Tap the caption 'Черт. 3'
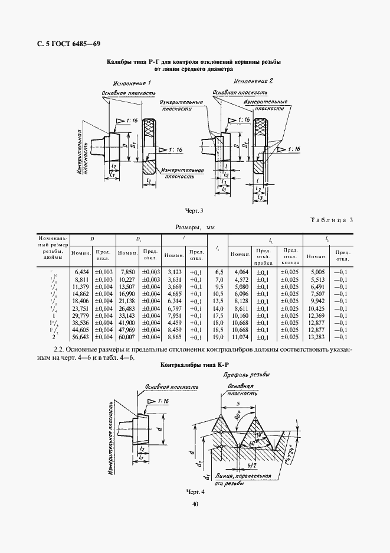[194, 210]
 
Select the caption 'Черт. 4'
[194, 492]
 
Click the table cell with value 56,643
[79, 337]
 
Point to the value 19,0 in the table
[218, 337]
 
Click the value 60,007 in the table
[127, 337]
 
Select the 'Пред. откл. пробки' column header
[263, 256]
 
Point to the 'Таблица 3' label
[331, 220]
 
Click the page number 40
[195, 504]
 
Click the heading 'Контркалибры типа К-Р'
[194, 366]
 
